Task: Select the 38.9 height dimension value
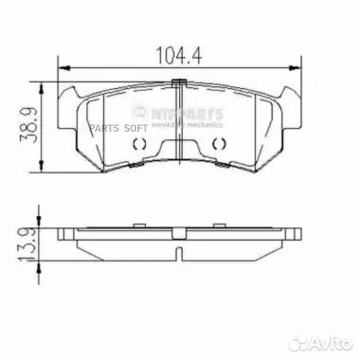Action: [27, 126]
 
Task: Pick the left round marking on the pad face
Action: [140, 143]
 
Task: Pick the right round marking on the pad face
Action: [218, 143]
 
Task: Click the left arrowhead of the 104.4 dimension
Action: [62, 67]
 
